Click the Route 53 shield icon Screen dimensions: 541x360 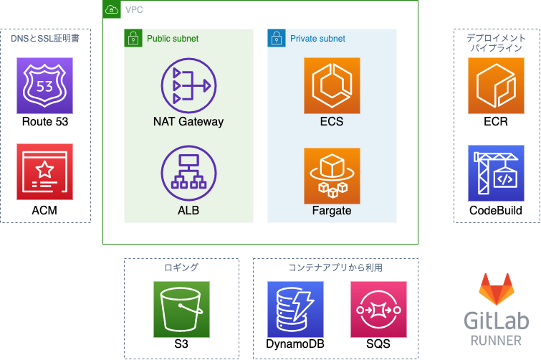click(45, 85)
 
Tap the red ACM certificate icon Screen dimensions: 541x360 click(45, 171)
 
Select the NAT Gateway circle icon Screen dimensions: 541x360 click(188, 85)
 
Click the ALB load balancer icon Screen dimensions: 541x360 click(188, 173)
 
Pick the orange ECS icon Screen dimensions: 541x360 click(332, 85)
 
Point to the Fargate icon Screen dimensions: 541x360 click(332, 176)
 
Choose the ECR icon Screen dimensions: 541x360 click(496, 85)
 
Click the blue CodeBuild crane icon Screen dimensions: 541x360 click(496, 173)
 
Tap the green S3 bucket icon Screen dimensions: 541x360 click(181, 309)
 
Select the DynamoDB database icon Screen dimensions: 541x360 click(295, 309)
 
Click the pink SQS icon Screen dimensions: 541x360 click(378, 309)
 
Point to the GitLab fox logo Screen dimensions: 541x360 click(497, 289)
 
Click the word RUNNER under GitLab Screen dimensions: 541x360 click(496, 341)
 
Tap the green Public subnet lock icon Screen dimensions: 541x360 click(133, 38)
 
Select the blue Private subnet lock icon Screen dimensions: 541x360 click(277, 38)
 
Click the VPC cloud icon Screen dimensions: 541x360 click(112, 9)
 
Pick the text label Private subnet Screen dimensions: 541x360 click(317, 39)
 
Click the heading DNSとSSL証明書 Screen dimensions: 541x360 click(45, 38)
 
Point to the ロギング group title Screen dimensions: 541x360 click(181, 267)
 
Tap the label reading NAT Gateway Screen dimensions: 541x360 click(188, 122)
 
